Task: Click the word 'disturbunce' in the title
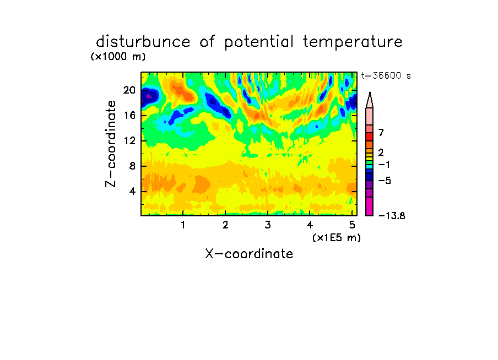point(143,42)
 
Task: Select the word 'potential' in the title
point(259,42)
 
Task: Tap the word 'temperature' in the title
point(353,42)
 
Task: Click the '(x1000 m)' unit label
point(118,57)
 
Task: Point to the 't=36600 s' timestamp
point(386,75)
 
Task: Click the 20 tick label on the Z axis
point(129,90)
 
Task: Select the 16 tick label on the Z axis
point(129,115)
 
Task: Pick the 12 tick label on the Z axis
point(129,140)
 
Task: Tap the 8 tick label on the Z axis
point(132,166)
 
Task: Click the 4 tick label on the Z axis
point(132,192)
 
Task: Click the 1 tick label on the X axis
point(183,225)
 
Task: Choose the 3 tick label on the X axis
point(268,225)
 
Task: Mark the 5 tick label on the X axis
point(352,225)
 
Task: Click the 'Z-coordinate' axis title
point(111,144)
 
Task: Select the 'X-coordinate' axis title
point(249,254)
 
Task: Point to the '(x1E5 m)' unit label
point(337,238)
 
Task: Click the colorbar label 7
point(381,133)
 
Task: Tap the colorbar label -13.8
point(392,216)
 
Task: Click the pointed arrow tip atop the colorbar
point(370,92)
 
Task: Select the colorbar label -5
point(385,181)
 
